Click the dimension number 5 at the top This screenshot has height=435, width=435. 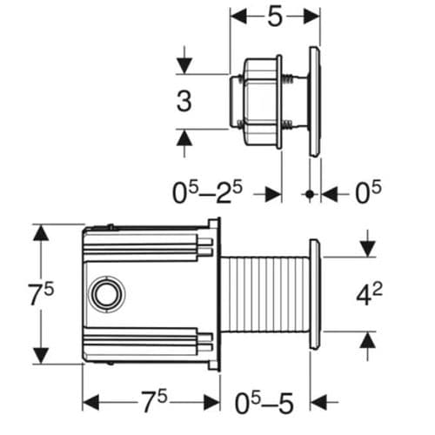[275, 18]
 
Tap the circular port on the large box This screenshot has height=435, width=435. [108, 294]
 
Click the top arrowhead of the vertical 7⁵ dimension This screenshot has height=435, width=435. [40, 231]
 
